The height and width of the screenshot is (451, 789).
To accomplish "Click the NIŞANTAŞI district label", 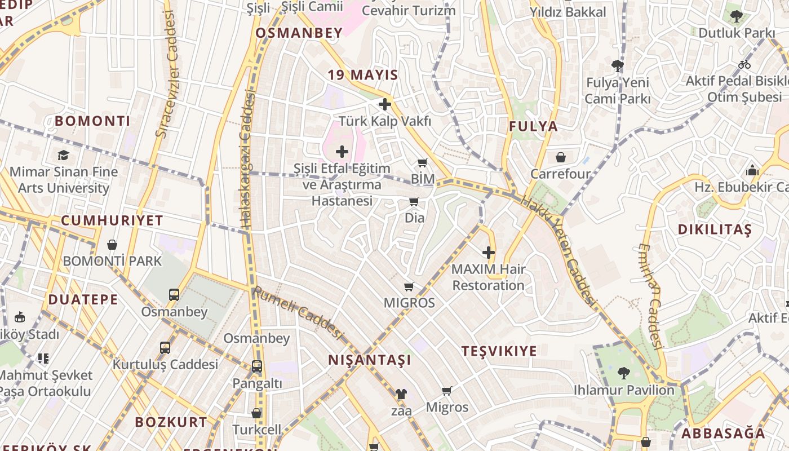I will click(x=370, y=360).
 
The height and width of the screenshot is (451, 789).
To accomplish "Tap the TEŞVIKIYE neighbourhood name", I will click(x=499, y=351).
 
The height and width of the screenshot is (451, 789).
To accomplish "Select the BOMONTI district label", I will click(x=92, y=121).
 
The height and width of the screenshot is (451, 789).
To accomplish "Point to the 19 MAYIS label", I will click(x=363, y=75).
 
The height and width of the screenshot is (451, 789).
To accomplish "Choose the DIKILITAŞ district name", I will click(x=715, y=229).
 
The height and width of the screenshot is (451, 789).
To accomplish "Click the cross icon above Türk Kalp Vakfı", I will click(x=385, y=104).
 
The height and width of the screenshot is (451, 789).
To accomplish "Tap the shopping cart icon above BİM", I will click(x=423, y=163).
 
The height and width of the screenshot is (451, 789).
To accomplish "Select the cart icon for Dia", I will click(x=414, y=201).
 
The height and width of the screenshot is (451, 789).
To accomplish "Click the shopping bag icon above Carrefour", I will click(x=561, y=157).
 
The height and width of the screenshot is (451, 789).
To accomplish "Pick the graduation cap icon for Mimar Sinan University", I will click(x=63, y=155).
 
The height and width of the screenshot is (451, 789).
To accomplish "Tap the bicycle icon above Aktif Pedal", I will click(x=744, y=64).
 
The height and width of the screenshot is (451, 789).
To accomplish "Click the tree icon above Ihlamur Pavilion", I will click(x=623, y=373).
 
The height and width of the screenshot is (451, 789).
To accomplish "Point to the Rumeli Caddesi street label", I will click(x=298, y=313).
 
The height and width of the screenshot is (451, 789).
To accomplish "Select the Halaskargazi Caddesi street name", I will click(x=248, y=161).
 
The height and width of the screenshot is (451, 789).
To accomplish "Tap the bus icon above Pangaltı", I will click(x=256, y=366).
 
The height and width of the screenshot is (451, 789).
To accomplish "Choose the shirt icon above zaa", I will click(x=401, y=394).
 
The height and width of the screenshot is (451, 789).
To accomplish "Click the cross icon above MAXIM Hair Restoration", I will click(x=489, y=253).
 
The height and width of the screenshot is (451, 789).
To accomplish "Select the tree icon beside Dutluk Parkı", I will click(x=736, y=16).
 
